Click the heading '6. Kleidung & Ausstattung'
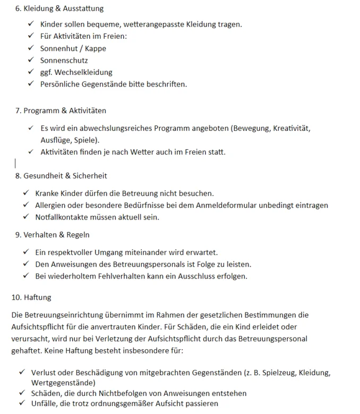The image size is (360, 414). pos(59,9)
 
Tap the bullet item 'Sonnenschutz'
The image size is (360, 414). pos(64,60)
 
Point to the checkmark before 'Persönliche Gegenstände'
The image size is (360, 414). pos(30,84)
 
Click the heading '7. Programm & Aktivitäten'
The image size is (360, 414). pos(61,111)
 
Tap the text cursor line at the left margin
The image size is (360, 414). pos(15,163)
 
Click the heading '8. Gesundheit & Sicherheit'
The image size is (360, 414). pos(61,175)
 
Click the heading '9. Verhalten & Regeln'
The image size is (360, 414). pos(52,234)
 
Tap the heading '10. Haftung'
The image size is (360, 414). pos(31,297)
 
